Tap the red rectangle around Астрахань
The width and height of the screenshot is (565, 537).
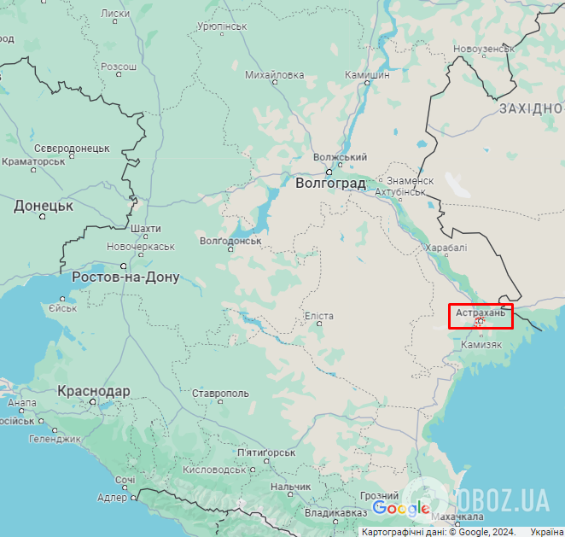point(481,316)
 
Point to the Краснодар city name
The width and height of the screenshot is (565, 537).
point(94,391)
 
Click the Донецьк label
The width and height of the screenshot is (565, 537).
point(44,206)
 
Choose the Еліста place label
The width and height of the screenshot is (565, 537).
point(319,317)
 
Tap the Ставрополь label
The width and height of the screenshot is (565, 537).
point(220,394)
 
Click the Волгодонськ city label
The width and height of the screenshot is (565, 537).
point(230,241)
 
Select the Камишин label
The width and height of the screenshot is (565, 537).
point(367,75)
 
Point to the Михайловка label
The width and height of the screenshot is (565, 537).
point(274,75)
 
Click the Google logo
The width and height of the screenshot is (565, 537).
point(401,509)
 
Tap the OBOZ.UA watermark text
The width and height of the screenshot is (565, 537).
point(504,499)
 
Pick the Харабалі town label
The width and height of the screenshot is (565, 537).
point(446,248)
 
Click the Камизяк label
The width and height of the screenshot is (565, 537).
point(481,344)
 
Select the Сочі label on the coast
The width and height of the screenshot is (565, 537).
point(125,480)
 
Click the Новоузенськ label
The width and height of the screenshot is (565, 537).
point(484,49)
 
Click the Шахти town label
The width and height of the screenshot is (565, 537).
point(146,229)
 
